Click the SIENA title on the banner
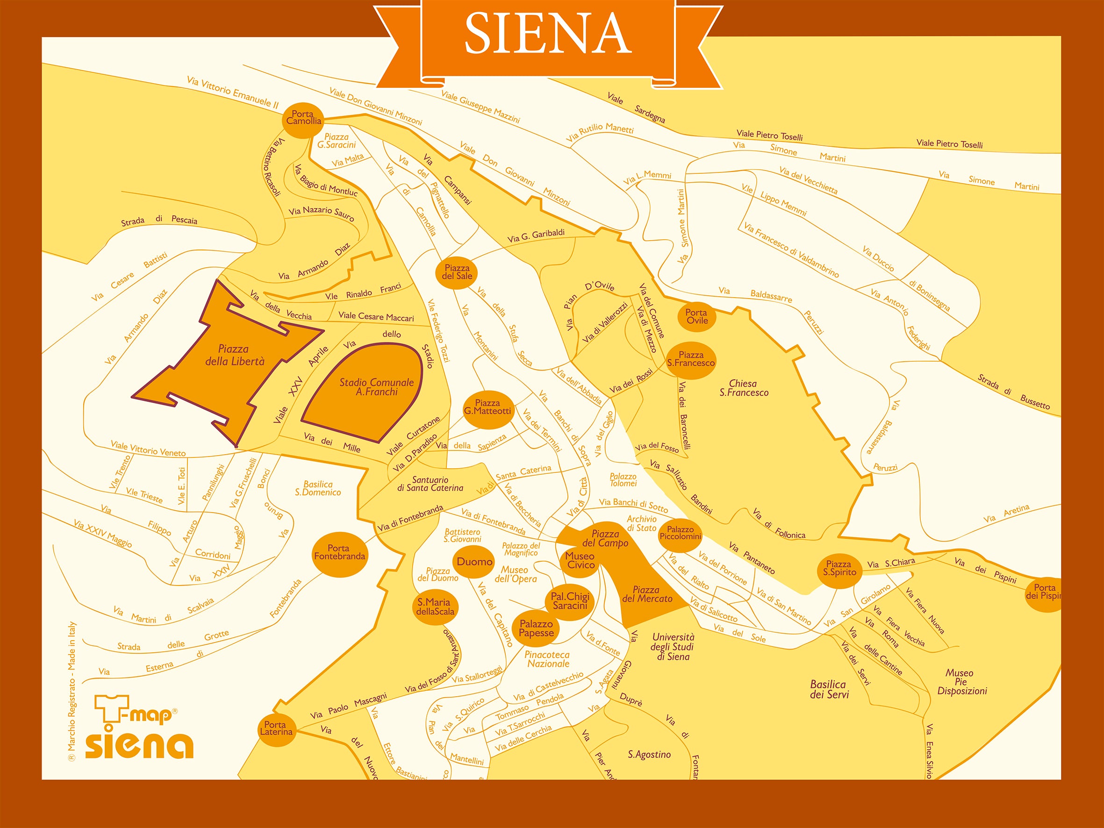click(547, 34)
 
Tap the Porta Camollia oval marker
click(303, 118)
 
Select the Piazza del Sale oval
click(457, 272)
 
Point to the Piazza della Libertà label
click(234, 355)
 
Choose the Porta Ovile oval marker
click(696, 316)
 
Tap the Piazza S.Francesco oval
click(691, 359)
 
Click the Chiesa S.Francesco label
click(743, 388)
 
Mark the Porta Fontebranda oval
click(340, 552)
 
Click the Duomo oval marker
click(474, 562)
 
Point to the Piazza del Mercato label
click(646, 594)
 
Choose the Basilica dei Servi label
click(829, 689)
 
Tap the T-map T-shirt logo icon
click(111, 709)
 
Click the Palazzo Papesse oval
click(536, 628)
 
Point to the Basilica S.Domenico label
click(317, 488)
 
